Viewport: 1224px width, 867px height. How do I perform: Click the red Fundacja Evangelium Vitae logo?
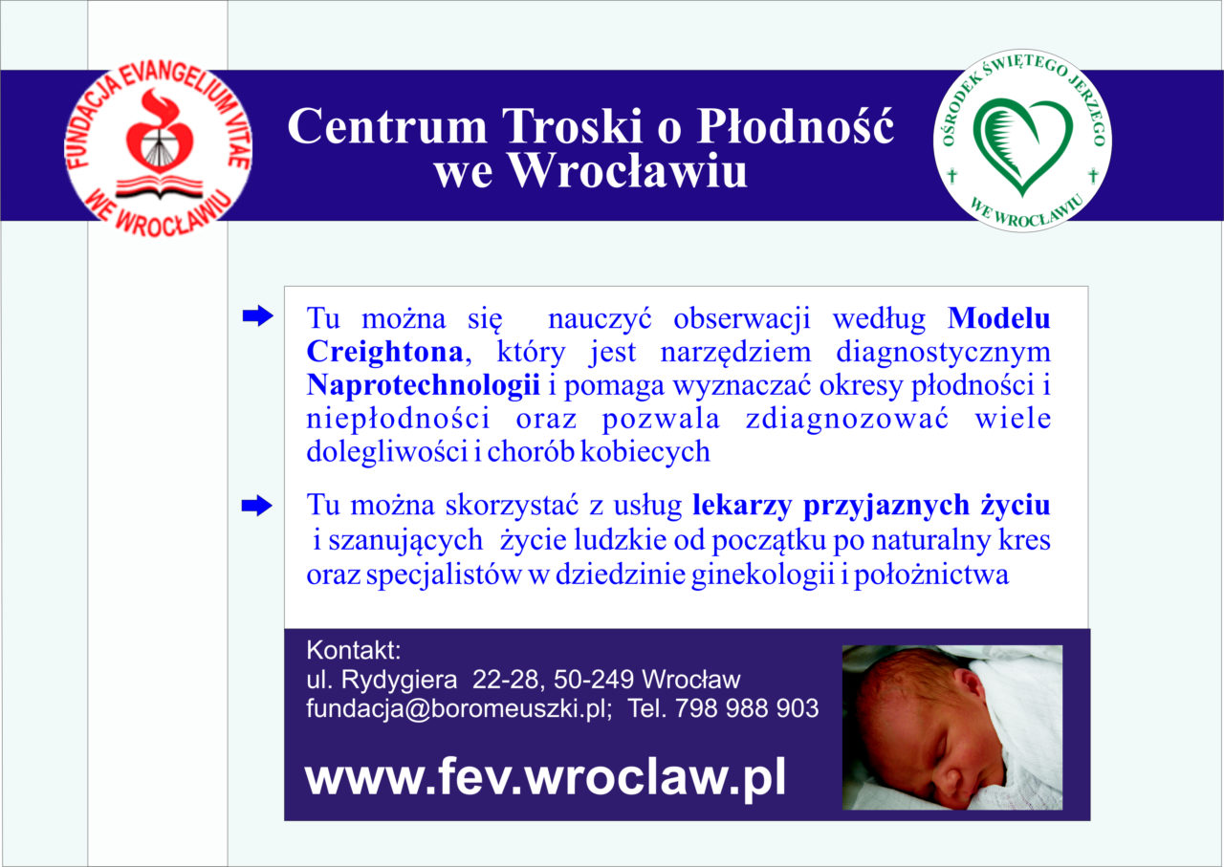(158, 149)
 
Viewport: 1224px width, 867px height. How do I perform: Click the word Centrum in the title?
(387, 126)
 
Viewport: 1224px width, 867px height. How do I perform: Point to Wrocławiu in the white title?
(628, 170)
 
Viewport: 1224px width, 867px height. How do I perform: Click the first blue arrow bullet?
(258, 315)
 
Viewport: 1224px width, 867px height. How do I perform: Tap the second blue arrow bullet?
(257, 506)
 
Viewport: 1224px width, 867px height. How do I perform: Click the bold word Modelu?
(999, 318)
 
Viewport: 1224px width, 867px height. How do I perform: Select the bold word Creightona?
(384, 352)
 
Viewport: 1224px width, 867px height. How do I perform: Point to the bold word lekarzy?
(741, 507)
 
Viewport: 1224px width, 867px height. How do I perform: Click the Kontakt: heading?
(354, 651)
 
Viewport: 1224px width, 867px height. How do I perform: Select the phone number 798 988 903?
(747, 708)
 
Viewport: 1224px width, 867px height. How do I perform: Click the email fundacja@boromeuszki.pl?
(459, 709)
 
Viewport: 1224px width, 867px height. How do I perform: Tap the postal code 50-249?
(594, 680)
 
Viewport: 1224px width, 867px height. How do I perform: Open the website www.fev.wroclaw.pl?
(545, 778)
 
